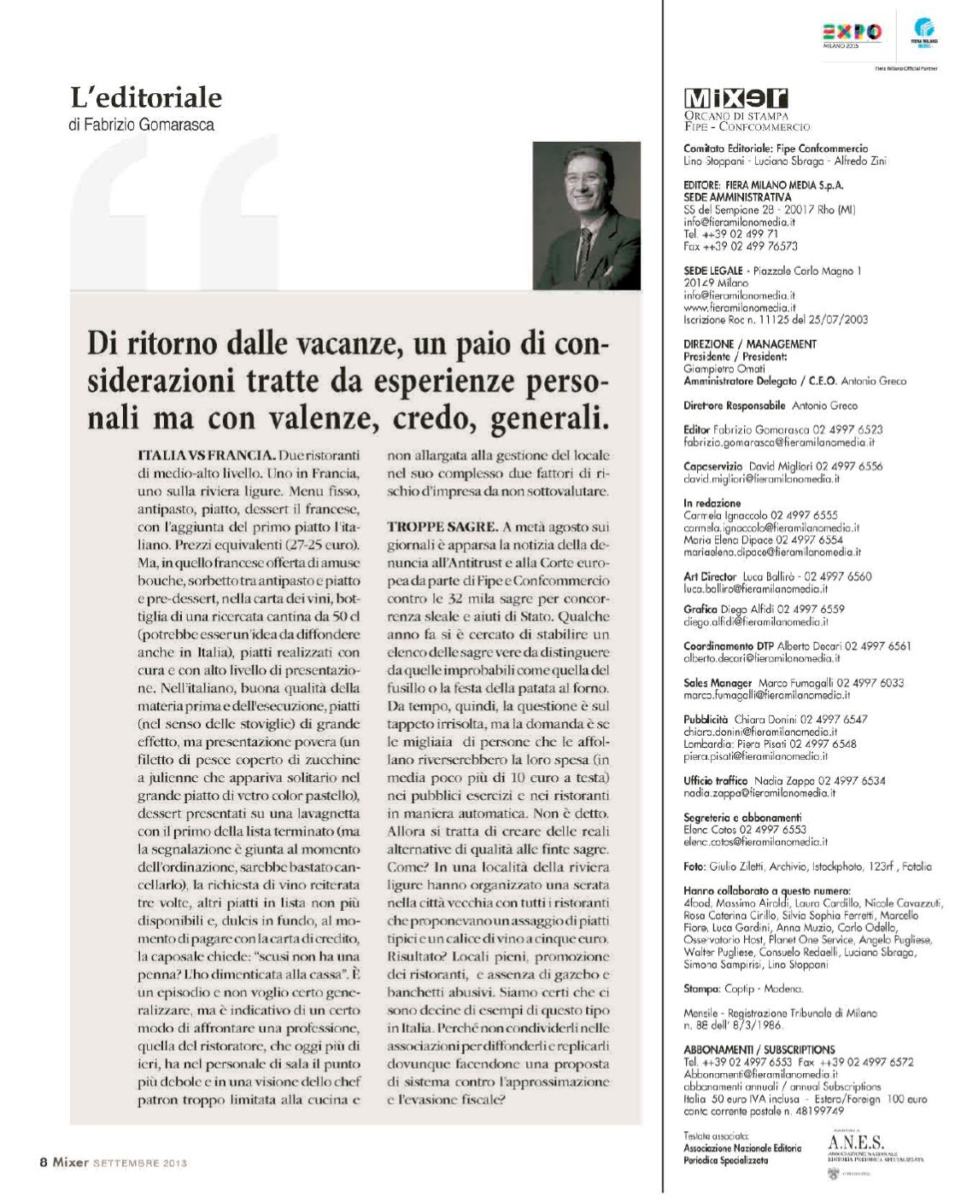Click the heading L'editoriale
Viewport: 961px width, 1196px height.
point(146,97)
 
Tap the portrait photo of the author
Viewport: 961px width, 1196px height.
point(586,216)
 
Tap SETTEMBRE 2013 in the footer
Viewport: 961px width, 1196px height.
point(139,1162)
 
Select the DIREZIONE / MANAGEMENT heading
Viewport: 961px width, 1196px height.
point(750,344)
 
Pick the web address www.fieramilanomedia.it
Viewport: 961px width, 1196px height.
point(740,307)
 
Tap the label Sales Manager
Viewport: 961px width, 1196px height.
point(718,683)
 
